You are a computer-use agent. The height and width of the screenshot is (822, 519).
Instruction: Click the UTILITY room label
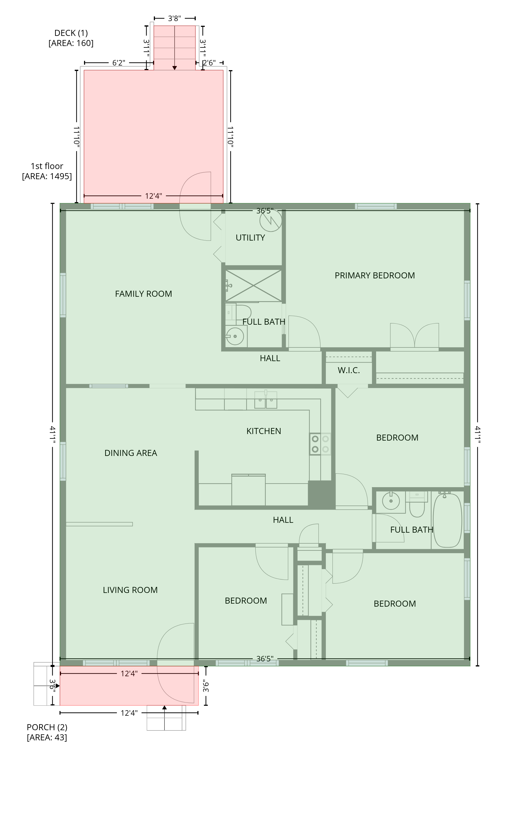pos(250,238)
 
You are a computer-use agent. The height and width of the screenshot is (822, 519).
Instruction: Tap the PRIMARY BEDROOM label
pos(375,275)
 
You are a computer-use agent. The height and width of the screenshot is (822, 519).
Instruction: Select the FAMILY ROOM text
pos(143,294)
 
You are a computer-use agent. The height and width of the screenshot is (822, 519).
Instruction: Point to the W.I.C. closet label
pos(349,370)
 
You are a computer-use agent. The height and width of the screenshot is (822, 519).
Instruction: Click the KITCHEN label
pos(264,431)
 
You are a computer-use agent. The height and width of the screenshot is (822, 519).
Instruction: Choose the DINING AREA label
pos(131,453)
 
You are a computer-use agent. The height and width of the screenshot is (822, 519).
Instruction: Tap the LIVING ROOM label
pos(130,590)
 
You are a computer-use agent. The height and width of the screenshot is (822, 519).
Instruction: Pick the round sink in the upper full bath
pos(235,336)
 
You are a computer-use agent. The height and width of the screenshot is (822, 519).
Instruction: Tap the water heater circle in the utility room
pos(271,220)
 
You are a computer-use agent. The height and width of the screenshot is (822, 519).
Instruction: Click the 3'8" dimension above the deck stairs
pos(174,18)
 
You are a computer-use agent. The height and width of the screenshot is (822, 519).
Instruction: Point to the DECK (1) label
pos(71,33)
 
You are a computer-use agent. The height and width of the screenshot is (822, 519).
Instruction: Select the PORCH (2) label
pos(47,727)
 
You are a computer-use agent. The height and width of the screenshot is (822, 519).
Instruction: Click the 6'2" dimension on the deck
pos(119,63)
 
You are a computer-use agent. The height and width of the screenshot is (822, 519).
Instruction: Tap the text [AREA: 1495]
pos(47,176)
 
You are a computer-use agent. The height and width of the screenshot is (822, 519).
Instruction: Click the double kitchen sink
pos(266,400)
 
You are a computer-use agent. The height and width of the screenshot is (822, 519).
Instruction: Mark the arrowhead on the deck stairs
pos(175,68)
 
